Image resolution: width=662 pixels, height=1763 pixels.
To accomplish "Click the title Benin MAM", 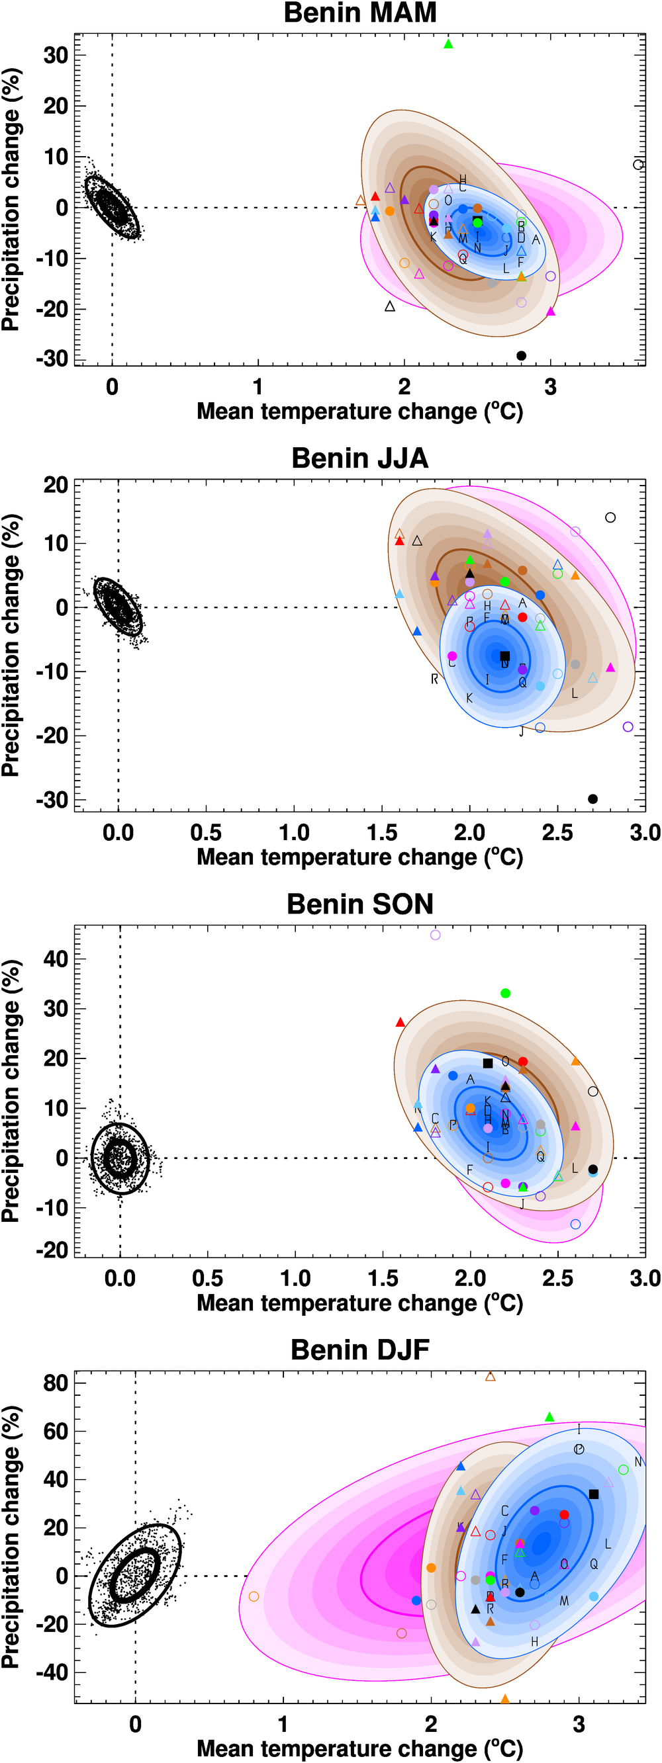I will (x=360, y=13).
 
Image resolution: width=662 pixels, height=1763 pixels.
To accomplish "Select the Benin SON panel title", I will (x=360, y=904).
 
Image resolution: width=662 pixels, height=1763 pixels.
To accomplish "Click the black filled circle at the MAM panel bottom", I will (x=521, y=356).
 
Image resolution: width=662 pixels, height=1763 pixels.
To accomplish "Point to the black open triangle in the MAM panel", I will (x=390, y=306).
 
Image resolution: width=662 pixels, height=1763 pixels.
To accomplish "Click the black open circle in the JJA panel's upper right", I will (x=610, y=518).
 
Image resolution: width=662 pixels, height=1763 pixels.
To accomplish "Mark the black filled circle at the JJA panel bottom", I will (x=593, y=799).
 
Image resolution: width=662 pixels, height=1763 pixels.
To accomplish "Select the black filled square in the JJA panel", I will (x=504, y=656).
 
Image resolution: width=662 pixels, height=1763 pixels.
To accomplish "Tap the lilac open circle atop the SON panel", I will (x=436, y=935).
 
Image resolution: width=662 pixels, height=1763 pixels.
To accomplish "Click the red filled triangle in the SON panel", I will (x=401, y=1023).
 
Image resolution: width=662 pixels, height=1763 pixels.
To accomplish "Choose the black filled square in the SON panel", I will (x=488, y=1064).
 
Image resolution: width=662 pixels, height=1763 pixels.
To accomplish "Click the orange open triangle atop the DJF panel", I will (x=490, y=1376).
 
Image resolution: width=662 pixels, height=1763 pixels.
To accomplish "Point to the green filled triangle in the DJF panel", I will (x=549, y=1418).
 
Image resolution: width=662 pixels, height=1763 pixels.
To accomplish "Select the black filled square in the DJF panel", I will (x=594, y=1494).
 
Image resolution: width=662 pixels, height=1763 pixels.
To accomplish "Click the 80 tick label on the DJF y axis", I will (x=56, y=1383).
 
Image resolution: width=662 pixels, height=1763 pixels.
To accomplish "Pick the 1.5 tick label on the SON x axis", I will (x=383, y=1278).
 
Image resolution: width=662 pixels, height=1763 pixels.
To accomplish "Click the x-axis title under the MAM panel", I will (x=360, y=411).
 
